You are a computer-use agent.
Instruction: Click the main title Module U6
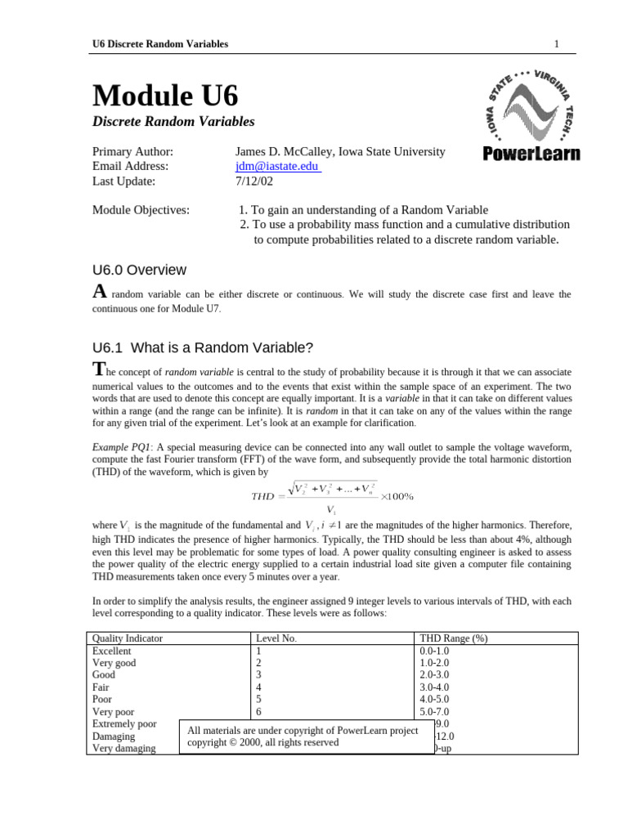pos(165,96)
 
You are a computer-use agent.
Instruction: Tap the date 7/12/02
pos(253,181)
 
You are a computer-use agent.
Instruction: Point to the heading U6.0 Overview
pos(139,270)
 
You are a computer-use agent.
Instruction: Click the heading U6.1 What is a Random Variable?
pos(203,347)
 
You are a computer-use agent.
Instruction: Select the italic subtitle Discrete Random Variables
pos(173,121)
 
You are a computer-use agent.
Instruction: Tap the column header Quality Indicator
pos(128,638)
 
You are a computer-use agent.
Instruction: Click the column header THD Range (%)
pos(453,638)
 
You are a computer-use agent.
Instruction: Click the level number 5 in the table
pos(259,700)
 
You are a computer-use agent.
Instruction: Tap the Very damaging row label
pos(124,748)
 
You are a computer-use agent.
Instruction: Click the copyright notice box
pos(306,736)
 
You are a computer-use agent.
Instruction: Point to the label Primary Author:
pos(132,151)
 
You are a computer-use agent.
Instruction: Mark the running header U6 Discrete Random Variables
pos(160,43)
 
